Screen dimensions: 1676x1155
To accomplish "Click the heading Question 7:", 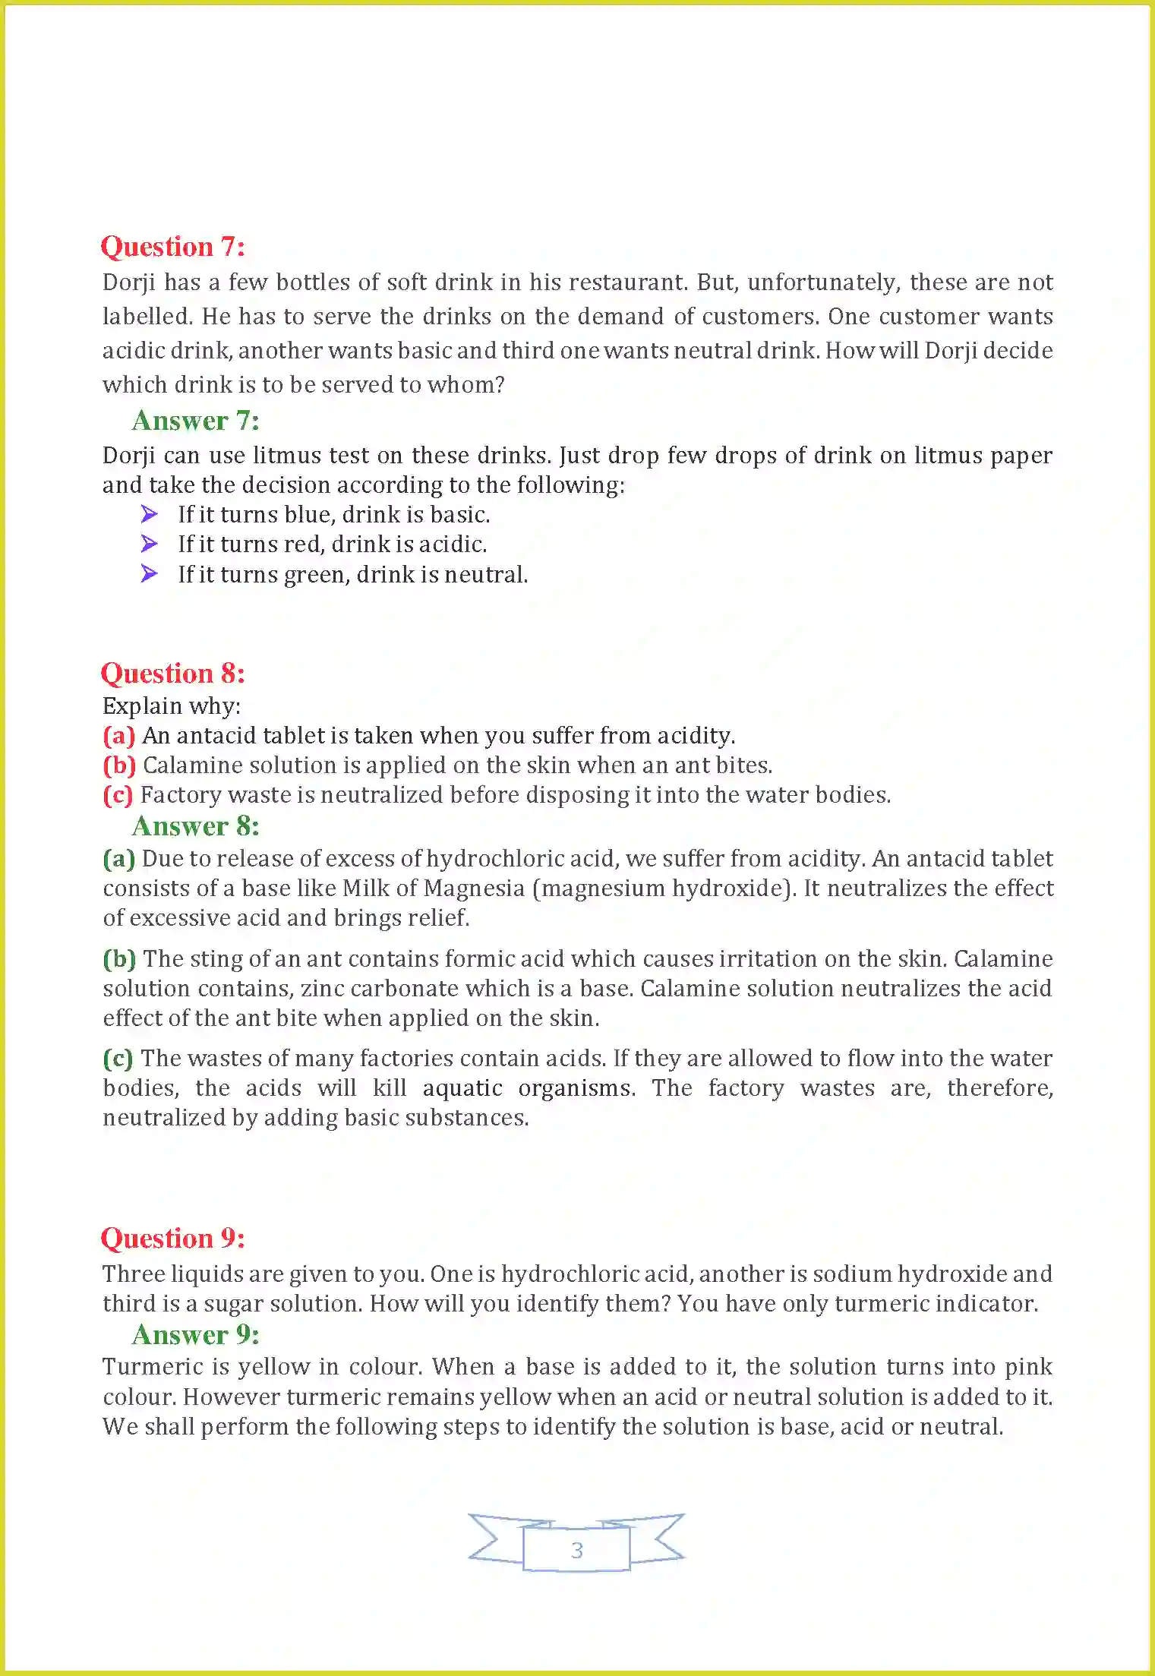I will click(x=173, y=247).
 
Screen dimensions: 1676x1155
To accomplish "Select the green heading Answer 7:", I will click(x=196, y=421).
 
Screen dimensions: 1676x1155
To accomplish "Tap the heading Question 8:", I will click(x=173, y=674).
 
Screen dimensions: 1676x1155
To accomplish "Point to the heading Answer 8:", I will click(x=196, y=826).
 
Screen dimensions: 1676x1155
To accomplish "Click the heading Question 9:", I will click(x=173, y=1239).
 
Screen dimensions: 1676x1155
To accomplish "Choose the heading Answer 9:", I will click(x=196, y=1335).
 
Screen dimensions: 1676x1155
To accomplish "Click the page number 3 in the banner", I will click(x=577, y=1550).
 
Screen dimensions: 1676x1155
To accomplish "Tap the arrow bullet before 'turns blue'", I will click(x=150, y=515).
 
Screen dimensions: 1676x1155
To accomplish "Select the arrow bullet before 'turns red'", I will click(x=150, y=544).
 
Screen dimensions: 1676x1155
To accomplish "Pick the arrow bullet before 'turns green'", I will click(x=150, y=574).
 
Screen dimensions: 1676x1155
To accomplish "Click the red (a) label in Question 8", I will click(x=119, y=736).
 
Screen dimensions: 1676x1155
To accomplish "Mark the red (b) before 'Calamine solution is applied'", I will click(x=119, y=765).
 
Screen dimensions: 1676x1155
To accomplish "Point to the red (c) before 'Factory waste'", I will click(x=118, y=795).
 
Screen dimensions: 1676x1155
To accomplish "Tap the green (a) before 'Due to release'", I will click(x=119, y=859).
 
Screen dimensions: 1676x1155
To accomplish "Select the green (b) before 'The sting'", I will click(x=119, y=959).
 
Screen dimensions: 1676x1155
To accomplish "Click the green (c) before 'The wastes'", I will click(x=118, y=1059).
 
